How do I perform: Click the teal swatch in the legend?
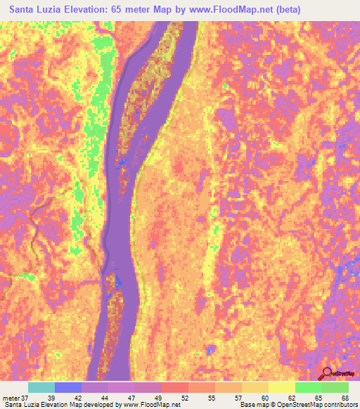coord(41,387)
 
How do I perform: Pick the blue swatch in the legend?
coord(67,387)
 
